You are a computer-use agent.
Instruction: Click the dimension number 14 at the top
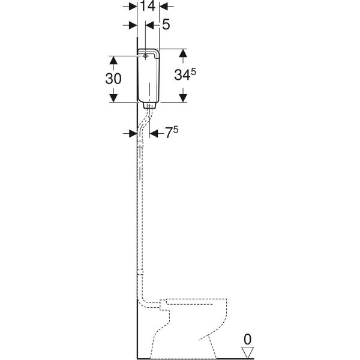pyautogui.click(x=148, y=6)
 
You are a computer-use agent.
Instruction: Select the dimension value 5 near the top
pyautogui.click(x=166, y=25)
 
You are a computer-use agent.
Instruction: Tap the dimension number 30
pyautogui.click(x=113, y=79)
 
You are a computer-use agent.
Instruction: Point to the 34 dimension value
pyautogui.click(x=182, y=75)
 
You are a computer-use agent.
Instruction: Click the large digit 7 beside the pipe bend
pyautogui.click(x=169, y=133)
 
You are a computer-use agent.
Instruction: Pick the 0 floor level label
pyautogui.click(x=247, y=340)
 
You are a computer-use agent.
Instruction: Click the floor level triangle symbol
pyautogui.click(x=247, y=352)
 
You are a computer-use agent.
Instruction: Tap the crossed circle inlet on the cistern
pyautogui.click(x=145, y=56)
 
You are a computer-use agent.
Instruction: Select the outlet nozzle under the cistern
pyautogui.click(x=149, y=106)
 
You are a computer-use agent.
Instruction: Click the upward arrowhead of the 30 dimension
pyautogui.click(x=113, y=60)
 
